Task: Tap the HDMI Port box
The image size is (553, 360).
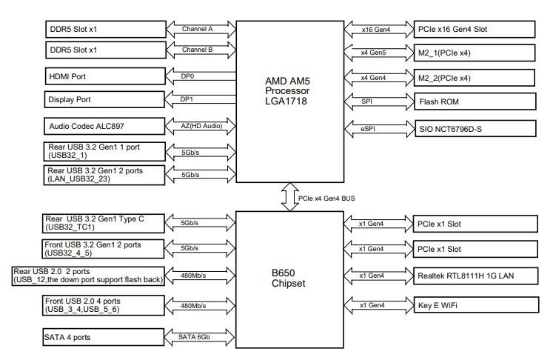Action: (x=104, y=76)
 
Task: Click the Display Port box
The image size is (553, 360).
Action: (x=104, y=99)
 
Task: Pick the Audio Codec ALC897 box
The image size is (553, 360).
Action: (x=104, y=127)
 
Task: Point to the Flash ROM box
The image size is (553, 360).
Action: (x=473, y=101)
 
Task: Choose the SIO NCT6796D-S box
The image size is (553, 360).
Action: (x=473, y=128)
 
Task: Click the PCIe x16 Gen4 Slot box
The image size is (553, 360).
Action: (x=473, y=30)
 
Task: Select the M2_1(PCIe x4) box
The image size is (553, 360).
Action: (x=473, y=53)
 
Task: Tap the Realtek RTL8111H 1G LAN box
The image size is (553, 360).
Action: (x=473, y=276)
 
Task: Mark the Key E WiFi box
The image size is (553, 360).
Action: (x=473, y=304)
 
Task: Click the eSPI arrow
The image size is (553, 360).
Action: (x=378, y=128)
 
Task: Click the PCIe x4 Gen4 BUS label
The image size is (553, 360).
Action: (x=326, y=199)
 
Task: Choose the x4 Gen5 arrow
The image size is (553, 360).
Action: (x=378, y=53)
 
